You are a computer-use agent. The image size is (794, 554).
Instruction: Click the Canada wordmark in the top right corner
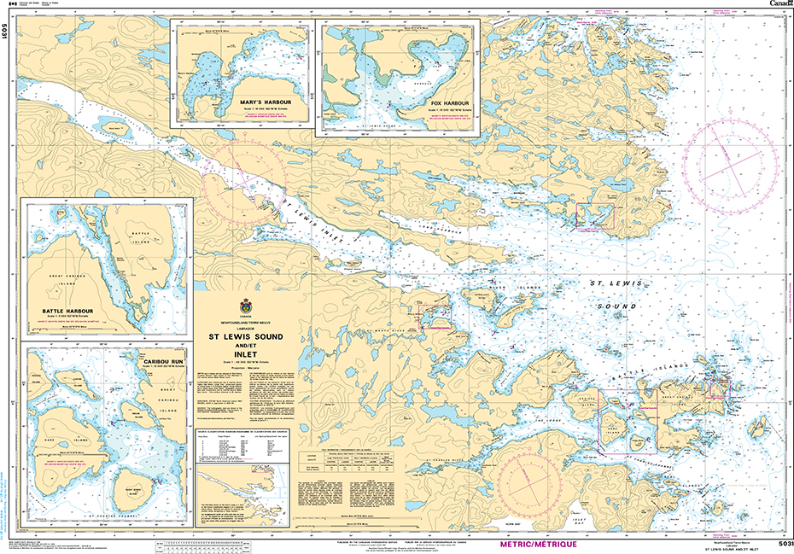point(779,4)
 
